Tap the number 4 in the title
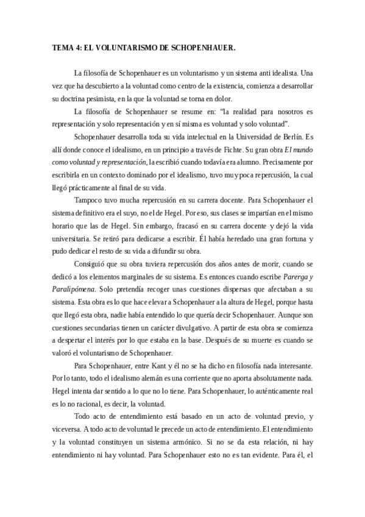coord(79,46)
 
